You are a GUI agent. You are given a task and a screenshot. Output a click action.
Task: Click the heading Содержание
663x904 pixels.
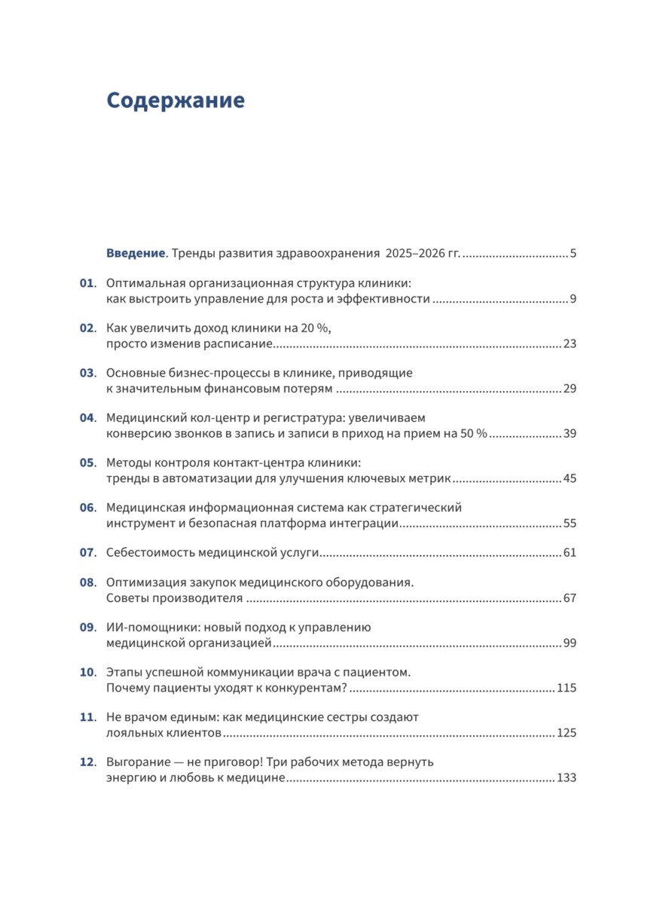point(176,101)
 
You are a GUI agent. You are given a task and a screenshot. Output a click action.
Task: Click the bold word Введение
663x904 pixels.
point(135,253)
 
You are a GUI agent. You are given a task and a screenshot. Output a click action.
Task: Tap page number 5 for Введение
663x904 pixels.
point(573,253)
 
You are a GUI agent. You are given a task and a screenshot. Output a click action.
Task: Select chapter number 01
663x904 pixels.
point(87,283)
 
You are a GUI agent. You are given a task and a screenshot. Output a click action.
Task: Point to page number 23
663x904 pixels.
point(570,344)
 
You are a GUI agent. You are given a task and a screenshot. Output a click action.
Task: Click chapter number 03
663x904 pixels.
point(87,373)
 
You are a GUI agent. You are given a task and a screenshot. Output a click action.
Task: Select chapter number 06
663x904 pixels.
point(87,507)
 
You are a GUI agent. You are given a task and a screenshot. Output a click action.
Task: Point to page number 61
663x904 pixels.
point(570,552)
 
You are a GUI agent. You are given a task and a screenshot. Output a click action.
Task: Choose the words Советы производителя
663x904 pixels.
point(175,599)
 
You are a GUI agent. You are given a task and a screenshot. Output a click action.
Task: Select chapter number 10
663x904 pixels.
point(87,671)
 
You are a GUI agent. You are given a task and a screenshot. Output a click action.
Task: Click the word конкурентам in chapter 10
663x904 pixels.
point(296,689)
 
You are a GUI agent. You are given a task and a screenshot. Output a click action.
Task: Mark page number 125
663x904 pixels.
point(567,733)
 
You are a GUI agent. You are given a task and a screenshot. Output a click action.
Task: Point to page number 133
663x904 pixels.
point(567,778)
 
